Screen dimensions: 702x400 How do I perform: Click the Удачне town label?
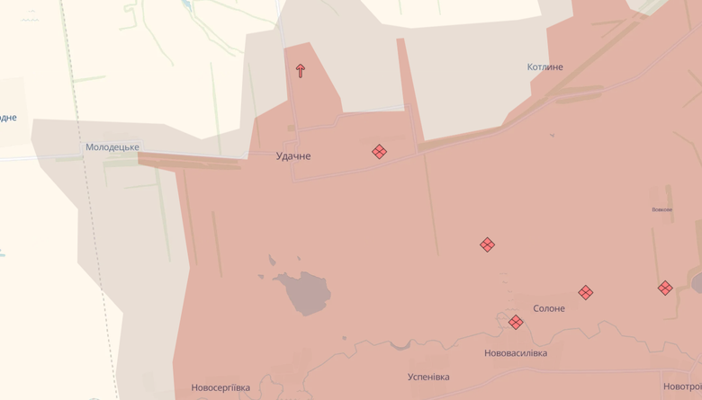tap(293, 156)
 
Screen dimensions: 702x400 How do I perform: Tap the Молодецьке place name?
tap(112, 147)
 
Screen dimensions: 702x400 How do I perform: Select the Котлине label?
tap(544, 67)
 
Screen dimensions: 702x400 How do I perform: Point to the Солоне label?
tap(549, 308)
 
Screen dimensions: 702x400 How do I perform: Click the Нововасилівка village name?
tap(516, 353)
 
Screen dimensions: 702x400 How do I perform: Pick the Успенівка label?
tap(428, 378)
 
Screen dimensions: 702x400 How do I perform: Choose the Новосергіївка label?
tap(220, 388)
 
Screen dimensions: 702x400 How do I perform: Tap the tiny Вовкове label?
tap(662, 209)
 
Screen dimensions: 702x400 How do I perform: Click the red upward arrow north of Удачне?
tap(301, 70)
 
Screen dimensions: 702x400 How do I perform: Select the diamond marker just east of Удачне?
tap(380, 152)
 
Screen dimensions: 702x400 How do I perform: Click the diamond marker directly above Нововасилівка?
tap(516, 322)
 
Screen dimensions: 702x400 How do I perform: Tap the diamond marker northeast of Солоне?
tap(586, 292)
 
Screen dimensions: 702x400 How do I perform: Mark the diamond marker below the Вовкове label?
tap(665, 288)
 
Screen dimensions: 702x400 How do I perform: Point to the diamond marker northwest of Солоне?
tap(487, 244)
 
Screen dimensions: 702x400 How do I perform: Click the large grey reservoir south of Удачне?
tap(306, 293)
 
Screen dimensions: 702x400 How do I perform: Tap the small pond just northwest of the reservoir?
tap(272, 261)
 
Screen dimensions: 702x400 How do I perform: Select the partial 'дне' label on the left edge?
tap(7, 118)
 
